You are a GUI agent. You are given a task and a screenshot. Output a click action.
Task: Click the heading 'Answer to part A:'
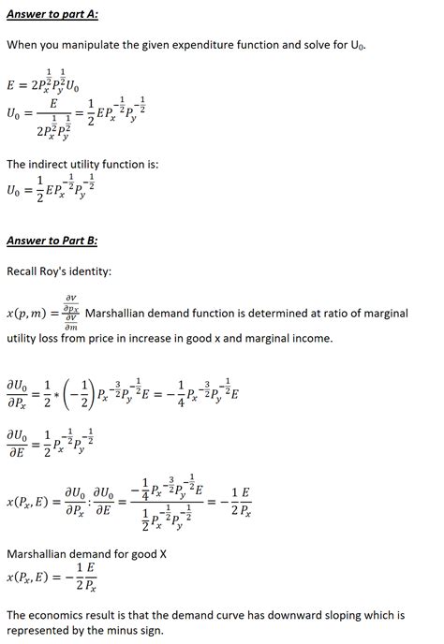tap(52, 13)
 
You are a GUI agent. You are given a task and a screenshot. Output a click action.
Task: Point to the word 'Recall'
tap(25, 271)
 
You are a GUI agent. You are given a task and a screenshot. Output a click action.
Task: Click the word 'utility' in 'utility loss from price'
tap(23, 337)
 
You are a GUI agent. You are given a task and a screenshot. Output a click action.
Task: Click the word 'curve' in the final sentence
tap(219, 615)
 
